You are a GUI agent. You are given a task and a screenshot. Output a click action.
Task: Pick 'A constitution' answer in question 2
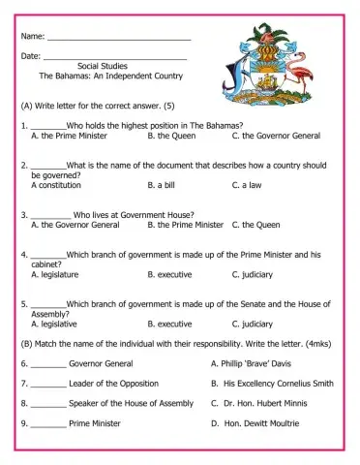(x=55, y=183)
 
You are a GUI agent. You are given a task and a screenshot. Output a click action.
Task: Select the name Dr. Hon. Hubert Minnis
(x=274, y=403)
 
